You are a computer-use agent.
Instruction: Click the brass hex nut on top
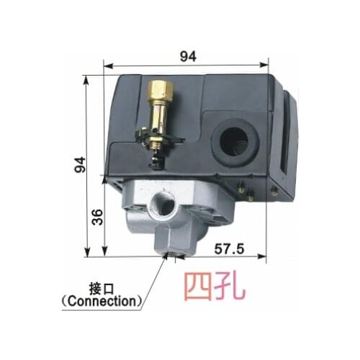click(158, 89)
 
